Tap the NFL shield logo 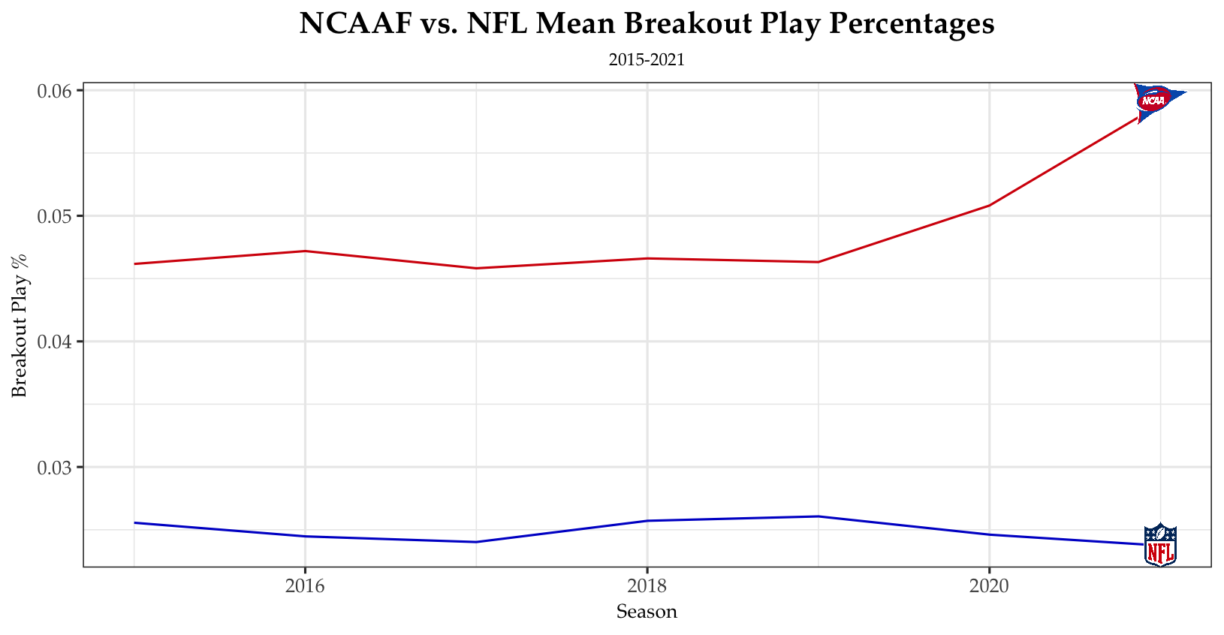[1160, 545]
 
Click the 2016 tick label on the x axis [305, 585]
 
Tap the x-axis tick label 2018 [647, 585]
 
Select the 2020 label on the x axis [990, 585]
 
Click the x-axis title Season [647, 612]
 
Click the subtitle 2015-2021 [647, 60]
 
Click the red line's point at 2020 [990, 205]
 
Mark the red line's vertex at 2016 [305, 251]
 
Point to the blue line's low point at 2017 [476, 542]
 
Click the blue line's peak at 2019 [819, 516]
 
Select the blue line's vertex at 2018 [647, 521]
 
